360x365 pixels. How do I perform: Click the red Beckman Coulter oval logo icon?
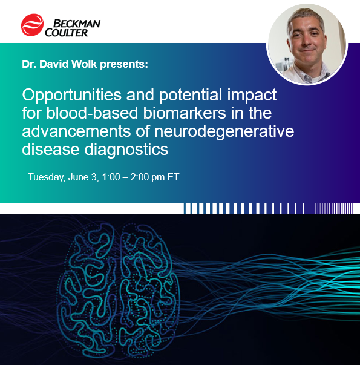point(31,25)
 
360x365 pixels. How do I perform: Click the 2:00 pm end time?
point(147,177)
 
